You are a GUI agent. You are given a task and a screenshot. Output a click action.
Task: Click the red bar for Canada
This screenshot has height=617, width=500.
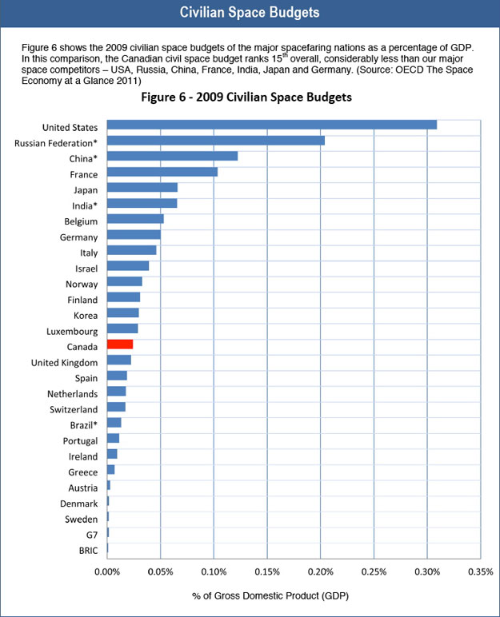click(x=120, y=344)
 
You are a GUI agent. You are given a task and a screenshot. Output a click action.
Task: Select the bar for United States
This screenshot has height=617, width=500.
click(x=271, y=125)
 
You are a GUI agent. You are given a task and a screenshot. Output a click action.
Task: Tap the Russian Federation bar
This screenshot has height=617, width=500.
click(x=215, y=141)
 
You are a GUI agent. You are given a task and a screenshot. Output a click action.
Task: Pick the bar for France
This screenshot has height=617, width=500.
click(x=162, y=172)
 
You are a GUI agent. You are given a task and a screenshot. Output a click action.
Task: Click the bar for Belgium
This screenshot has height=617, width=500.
click(x=135, y=219)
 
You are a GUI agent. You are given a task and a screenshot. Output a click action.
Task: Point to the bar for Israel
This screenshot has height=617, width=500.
click(x=128, y=266)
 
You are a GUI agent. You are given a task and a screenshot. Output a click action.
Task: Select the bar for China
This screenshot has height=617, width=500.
click(x=172, y=157)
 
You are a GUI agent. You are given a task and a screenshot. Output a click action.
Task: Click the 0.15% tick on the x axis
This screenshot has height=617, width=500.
click(x=266, y=571)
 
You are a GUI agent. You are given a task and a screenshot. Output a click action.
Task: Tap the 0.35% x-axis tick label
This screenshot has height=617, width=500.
click(x=480, y=571)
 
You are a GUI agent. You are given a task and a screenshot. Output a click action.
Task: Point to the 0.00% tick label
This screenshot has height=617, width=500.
click(x=106, y=571)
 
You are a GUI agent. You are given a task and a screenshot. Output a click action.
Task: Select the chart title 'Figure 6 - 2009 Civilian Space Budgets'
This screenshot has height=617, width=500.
click(x=270, y=98)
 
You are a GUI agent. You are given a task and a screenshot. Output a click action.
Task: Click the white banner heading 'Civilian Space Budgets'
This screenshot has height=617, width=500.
click(x=250, y=14)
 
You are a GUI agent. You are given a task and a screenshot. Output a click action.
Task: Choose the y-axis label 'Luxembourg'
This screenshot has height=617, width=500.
click(x=71, y=330)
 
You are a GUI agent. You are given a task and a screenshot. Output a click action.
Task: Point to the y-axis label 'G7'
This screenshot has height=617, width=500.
click(x=90, y=534)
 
